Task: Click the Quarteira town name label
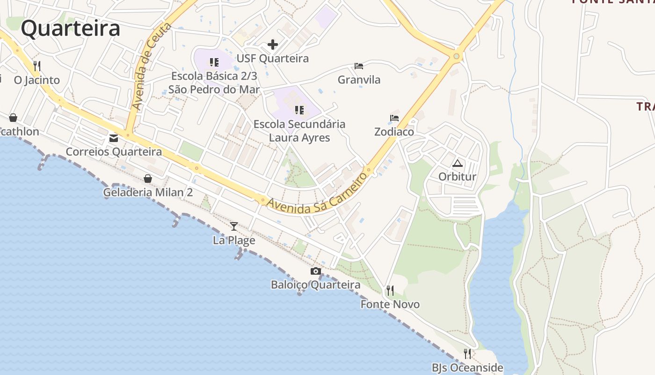tap(71, 28)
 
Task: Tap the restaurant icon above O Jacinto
tap(37, 66)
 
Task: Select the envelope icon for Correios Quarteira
tap(114, 138)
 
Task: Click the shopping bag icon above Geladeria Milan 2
tap(148, 179)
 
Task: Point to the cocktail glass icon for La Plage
tap(234, 226)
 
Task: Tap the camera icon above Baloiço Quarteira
tap(316, 271)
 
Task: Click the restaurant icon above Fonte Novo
tap(390, 291)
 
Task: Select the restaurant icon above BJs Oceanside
tap(467, 353)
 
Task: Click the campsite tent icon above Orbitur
tap(457, 163)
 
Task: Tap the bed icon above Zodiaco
tap(394, 118)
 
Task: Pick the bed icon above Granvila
tap(359, 66)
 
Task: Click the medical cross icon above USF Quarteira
tap(273, 45)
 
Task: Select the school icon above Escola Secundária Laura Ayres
tap(299, 110)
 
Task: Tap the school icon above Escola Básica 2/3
tap(214, 62)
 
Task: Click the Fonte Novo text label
tap(390, 305)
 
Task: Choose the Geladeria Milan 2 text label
tap(148, 193)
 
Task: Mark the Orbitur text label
tap(457, 177)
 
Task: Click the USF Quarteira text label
tap(273, 59)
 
